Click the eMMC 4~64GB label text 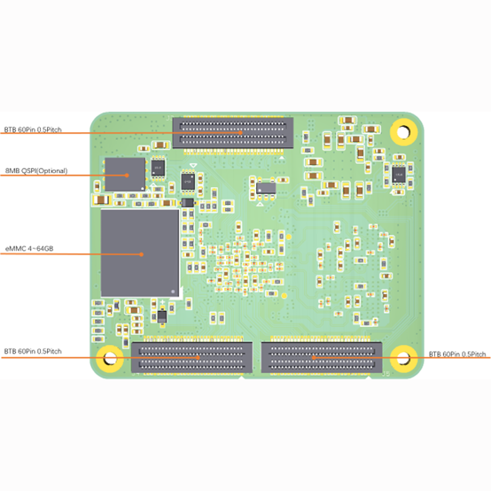point(29,249)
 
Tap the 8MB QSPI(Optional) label point(36,171)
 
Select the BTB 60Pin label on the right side point(457,355)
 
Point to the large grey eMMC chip point(140,253)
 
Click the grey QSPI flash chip point(125,175)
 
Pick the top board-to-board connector point(233,133)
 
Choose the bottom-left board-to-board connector point(191,357)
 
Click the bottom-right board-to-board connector point(322,357)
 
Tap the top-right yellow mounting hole point(403,132)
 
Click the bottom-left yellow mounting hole point(110,359)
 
